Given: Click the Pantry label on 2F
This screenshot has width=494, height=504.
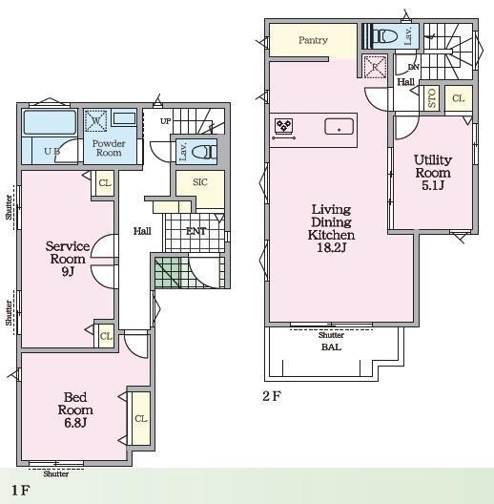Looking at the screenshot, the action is click(313, 40).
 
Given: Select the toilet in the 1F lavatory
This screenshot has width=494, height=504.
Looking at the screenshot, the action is click(204, 152).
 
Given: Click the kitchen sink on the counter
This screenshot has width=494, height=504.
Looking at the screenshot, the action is click(339, 126).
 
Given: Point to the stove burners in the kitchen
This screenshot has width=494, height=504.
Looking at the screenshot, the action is click(283, 125).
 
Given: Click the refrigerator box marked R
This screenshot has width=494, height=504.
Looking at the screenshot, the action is click(375, 67).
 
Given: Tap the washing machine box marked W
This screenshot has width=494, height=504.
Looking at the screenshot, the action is click(95, 121).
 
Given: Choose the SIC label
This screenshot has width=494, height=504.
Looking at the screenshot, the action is click(199, 182).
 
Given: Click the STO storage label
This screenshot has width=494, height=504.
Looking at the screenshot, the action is click(432, 97).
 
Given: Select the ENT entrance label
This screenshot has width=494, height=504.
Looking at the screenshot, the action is click(196, 231).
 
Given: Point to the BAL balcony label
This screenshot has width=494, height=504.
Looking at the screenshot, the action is click(331, 347).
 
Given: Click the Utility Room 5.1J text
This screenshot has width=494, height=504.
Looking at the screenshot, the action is click(433, 173).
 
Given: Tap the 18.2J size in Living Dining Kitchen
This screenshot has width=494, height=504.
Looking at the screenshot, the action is click(331, 248).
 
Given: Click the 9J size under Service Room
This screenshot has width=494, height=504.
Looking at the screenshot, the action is click(68, 272).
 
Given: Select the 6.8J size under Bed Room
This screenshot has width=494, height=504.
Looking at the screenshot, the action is click(75, 423).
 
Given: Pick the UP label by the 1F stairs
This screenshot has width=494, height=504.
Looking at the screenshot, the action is click(165, 121).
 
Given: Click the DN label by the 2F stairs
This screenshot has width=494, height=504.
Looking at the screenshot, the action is click(414, 67).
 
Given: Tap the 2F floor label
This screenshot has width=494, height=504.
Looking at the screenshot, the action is click(272, 396).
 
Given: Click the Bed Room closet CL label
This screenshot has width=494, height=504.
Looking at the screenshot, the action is click(141, 418).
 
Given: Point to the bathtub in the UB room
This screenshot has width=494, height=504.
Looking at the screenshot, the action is click(50, 122).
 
